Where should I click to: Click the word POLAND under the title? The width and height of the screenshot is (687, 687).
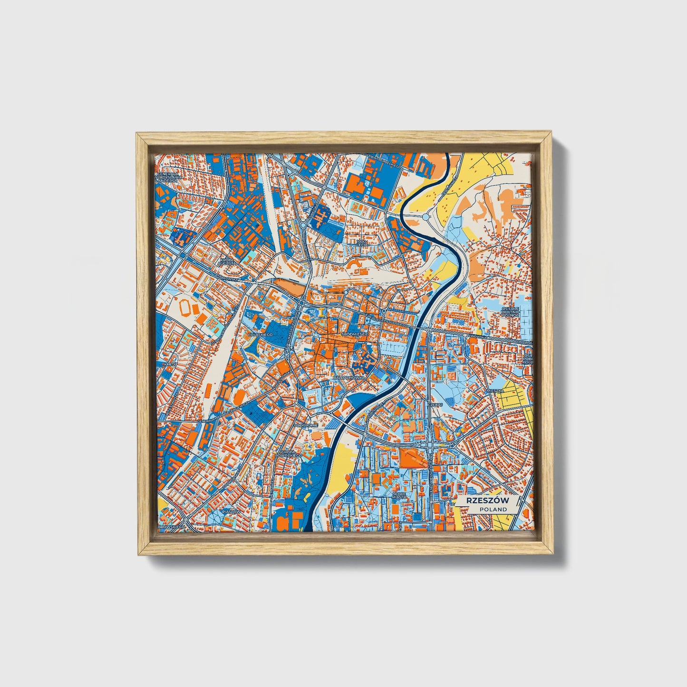tap(493, 509)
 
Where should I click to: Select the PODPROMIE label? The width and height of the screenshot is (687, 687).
tap(306, 425)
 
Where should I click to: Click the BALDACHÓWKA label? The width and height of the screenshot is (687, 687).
tap(349, 377)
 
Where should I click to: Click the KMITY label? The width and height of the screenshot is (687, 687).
tap(170, 364)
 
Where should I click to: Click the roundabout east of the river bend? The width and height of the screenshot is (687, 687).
tap(426, 217)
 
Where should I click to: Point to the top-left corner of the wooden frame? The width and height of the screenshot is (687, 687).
tap(138, 135)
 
